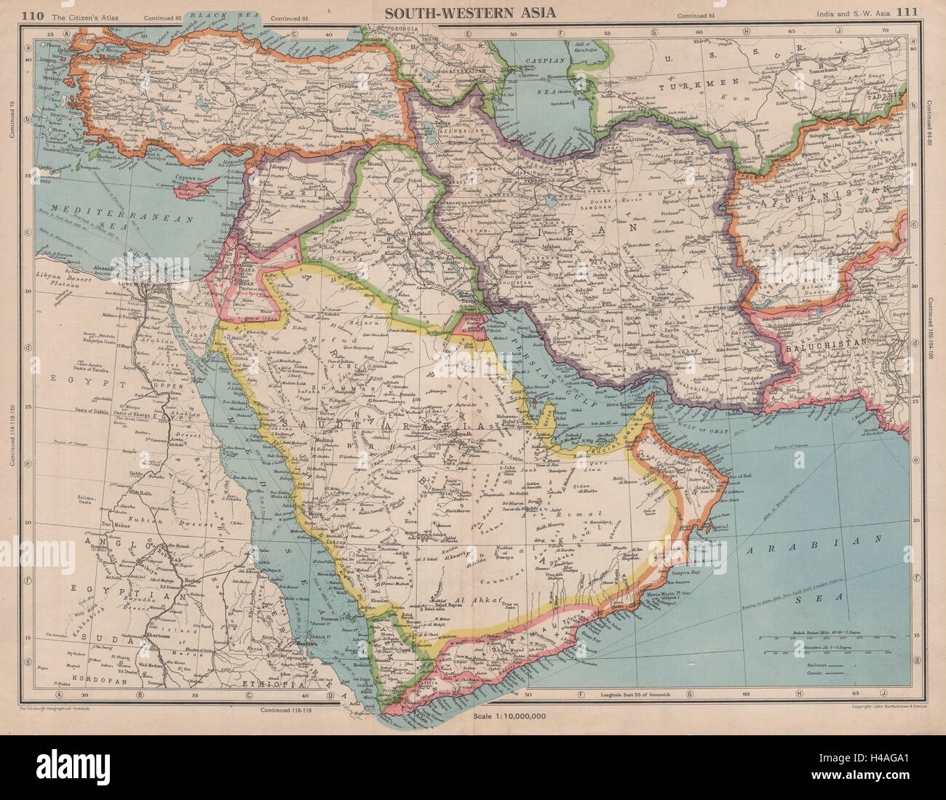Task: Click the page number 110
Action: point(34,11)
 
